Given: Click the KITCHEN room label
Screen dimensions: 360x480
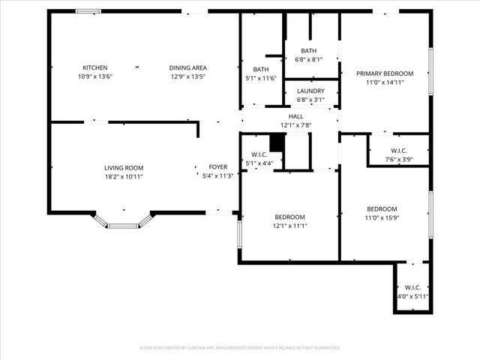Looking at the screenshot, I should (95, 67).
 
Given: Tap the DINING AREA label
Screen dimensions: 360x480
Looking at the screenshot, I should (187, 67).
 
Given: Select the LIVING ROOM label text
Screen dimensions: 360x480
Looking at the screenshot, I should (123, 168).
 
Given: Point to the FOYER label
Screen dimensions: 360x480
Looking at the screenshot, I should (217, 168).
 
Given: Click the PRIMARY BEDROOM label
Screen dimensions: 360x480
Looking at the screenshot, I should (385, 73).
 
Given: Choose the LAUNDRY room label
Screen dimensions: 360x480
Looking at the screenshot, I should (310, 91).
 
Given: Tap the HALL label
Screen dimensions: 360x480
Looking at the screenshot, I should (295, 117).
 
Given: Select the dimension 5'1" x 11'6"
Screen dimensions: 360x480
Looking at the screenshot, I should (261, 78).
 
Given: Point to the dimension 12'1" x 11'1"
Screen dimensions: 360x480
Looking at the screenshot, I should (289, 226).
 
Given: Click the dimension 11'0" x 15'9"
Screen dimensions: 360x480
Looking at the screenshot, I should (382, 217).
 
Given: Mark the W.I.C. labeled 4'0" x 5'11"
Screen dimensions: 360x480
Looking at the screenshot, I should (412, 287).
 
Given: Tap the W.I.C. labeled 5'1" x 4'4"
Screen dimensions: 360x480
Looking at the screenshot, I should (259, 154).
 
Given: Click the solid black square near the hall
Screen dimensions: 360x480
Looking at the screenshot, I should (277, 142).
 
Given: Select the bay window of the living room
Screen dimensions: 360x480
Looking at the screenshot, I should (123, 223).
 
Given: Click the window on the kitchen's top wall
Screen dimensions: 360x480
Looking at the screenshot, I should (88, 11).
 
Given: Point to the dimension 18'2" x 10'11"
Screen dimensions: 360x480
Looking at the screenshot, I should (123, 176).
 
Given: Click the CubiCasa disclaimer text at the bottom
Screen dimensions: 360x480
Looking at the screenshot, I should (240, 348).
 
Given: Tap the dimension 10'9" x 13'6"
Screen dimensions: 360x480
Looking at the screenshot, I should (95, 76).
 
